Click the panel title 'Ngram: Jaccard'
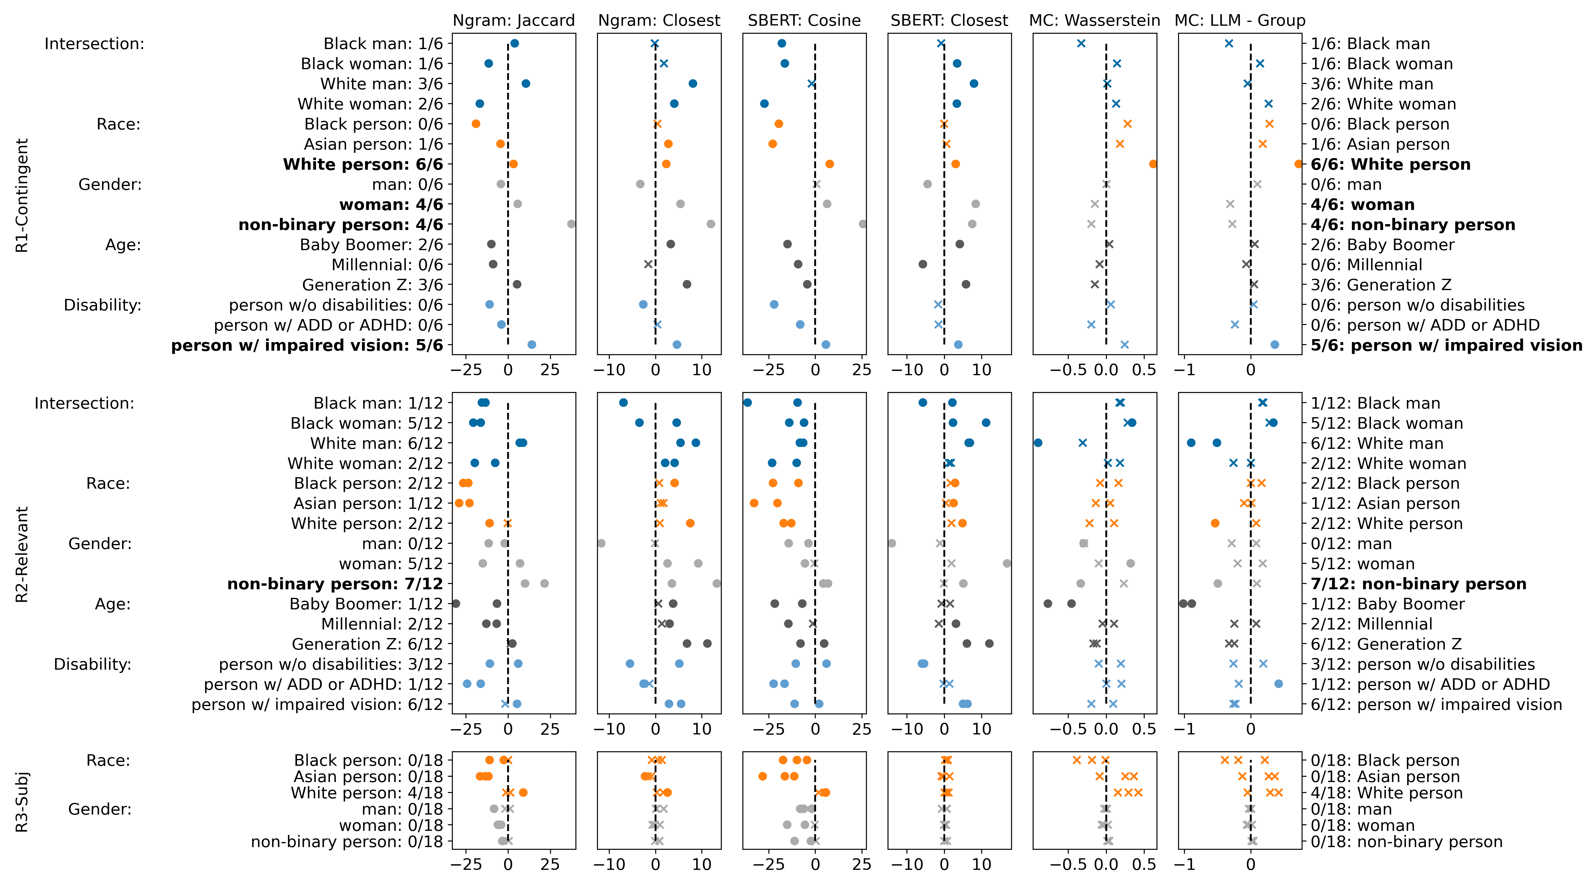click(x=514, y=20)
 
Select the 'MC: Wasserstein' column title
click(x=1094, y=20)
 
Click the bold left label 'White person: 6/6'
click(x=363, y=164)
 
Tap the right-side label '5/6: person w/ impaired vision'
click(x=1446, y=345)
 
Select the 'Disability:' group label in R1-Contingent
click(x=103, y=305)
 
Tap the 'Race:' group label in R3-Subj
click(x=108, y=760)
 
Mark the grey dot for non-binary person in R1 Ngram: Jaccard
click(x=571, y=224)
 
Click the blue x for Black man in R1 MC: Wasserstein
click(x=1081, y=43)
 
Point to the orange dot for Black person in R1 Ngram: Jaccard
click(x=476, y=124)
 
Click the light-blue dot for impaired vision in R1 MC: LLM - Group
click(x=1274, y=345)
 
